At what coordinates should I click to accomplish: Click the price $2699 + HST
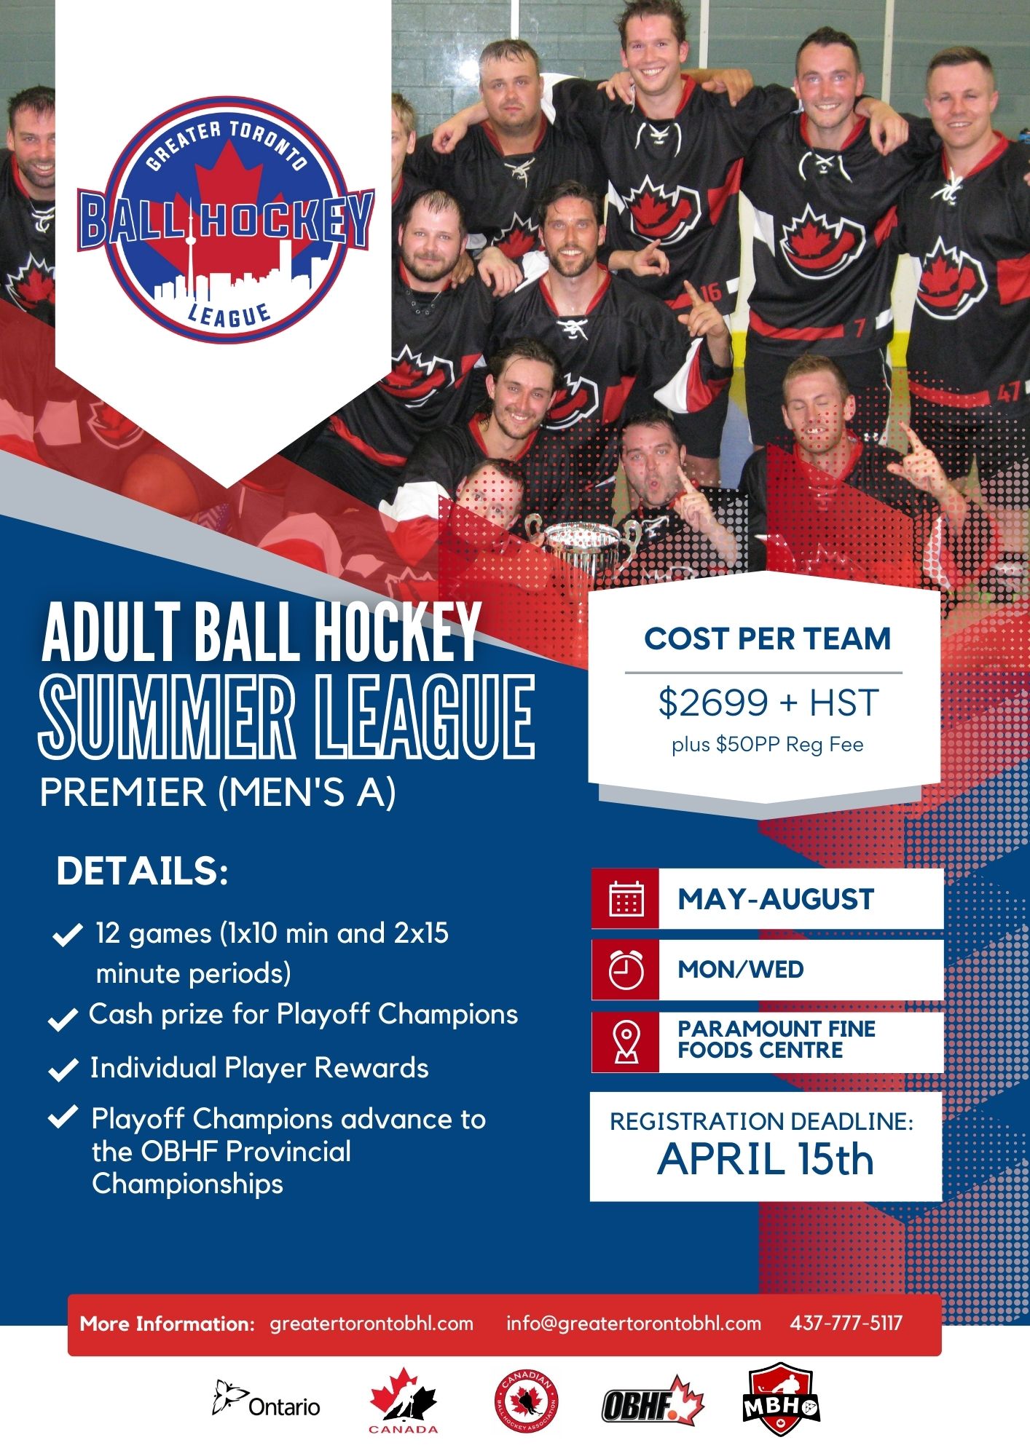click(x=768, y=703)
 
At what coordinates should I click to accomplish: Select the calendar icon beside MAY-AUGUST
click(x=626, y=898)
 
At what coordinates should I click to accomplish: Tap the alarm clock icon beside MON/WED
click(x=626, y=969)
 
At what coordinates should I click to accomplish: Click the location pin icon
click(x=626, y=1042)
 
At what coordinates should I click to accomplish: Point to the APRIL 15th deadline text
click(x=765, y=1159)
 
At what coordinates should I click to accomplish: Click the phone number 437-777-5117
click(x=846, y=1323)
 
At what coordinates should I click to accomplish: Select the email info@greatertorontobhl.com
click(x=634, y=1324)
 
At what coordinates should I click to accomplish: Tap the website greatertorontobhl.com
click(x=371, y=1324)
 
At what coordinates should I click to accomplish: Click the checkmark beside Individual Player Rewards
click(x=63, y=1069)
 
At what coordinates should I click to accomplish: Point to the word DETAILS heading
click(x=143, y=871)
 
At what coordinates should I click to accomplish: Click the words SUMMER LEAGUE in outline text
click(x=287, y=717)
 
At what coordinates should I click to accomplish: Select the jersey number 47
click(x=1008, y=393)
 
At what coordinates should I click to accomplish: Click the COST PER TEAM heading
click(x=768, y=638)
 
